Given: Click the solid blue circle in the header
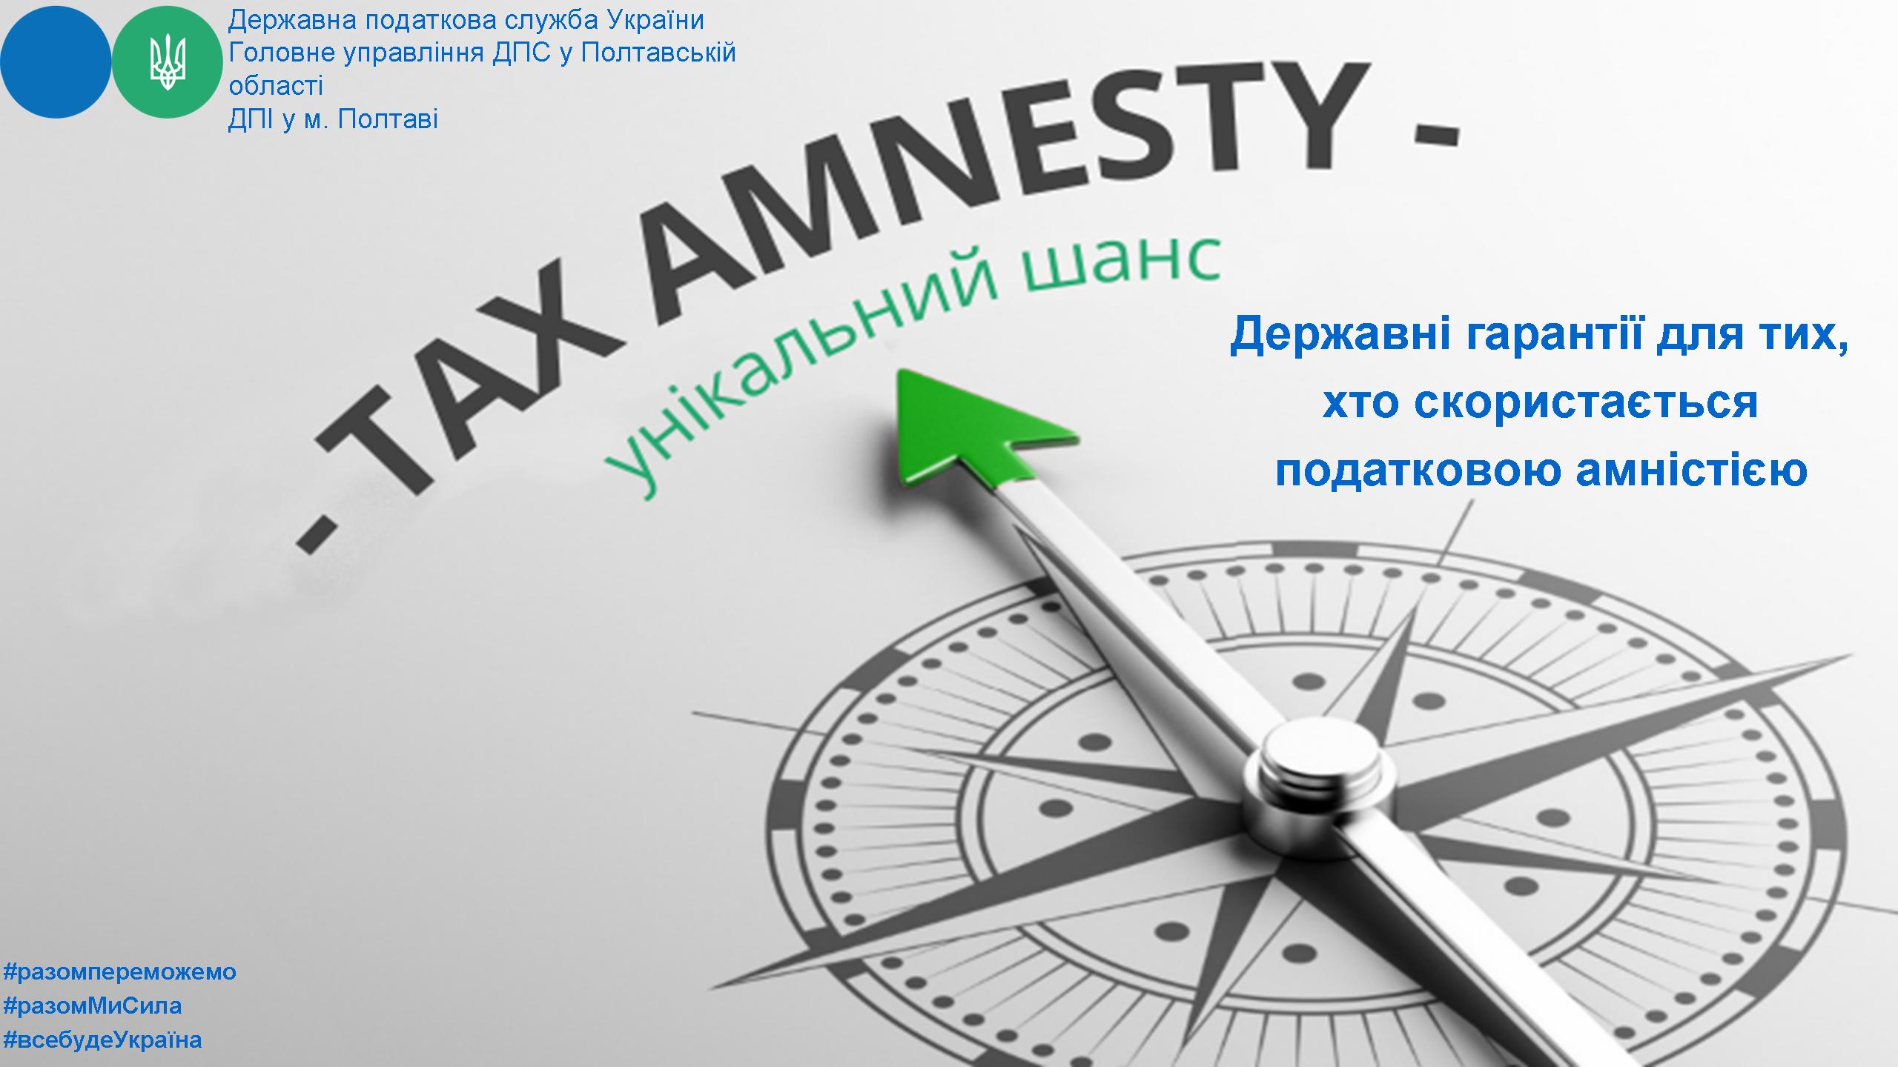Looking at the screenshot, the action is click(56, 62).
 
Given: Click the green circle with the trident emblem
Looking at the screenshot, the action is click(168, 62).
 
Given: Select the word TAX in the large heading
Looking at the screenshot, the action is click(474, 385).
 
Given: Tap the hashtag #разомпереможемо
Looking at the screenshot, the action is click(119, 971).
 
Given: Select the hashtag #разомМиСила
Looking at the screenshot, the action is click(93, 1005).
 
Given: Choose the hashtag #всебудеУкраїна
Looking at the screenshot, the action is click(102, 1040).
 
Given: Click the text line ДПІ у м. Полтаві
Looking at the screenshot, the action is click(333, 119).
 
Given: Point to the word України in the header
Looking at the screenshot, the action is click(655, 20).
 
